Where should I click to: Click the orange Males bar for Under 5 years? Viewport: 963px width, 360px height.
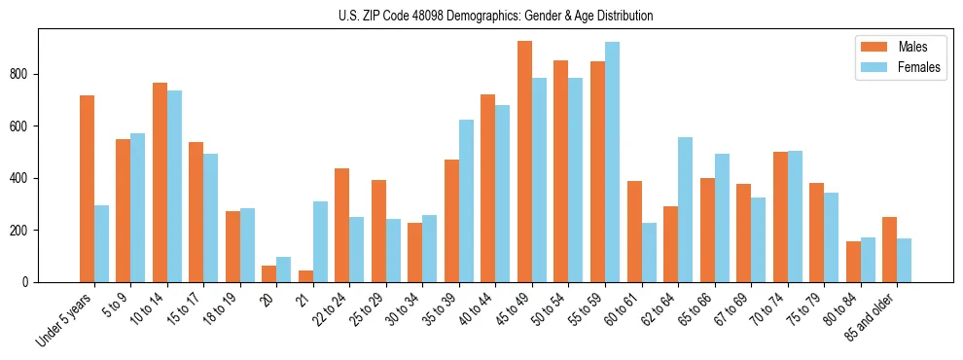click(x=87, y=189)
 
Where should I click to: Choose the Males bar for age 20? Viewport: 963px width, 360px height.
click(x=269, y=273)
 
